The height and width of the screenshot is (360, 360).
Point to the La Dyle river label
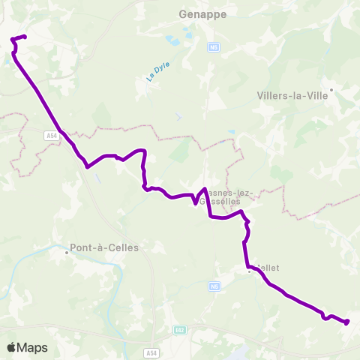(154, 73)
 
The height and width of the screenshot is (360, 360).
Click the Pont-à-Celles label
(103, 247)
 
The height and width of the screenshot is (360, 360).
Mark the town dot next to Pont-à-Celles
(66, 252)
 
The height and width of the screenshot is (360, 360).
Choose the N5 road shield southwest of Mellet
(214, 286)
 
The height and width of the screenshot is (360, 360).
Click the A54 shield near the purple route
(50, 136)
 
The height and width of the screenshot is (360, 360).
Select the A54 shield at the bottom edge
(153, 353)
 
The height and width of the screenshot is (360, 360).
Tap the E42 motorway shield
(179, 330)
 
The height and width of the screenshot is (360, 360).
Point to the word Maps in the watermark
(33, 347)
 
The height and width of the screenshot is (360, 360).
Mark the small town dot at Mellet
(249, 271)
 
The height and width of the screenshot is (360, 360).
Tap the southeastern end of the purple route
(347, 322)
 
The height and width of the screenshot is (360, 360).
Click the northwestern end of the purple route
(25, 37)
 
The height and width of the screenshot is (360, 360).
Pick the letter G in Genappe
(184, 13)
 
